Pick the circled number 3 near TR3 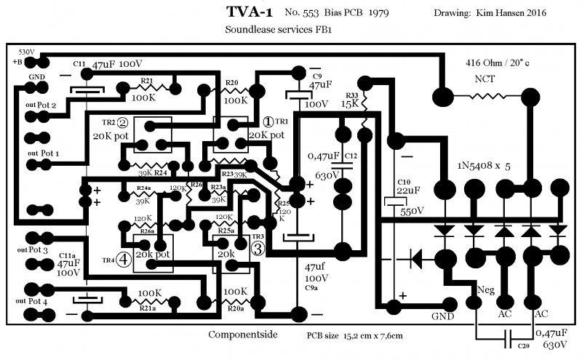click(x=258, y=248)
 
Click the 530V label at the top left click(x=26, y=52)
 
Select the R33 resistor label click(x=351, y=95)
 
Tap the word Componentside click(x=241, y=336)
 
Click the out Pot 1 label click(x=43, y=154)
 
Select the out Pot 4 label click(x=43, y=300)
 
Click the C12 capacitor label click(x=351, y=156)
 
